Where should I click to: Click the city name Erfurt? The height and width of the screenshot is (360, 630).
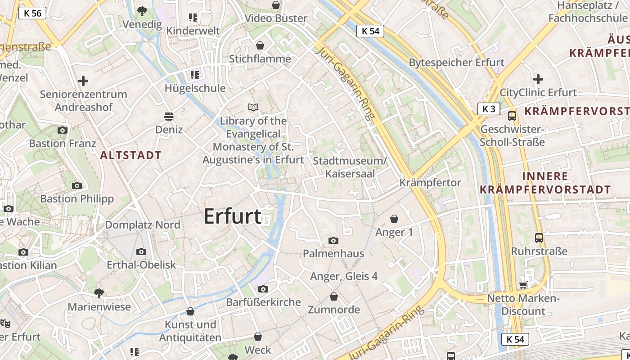[232, 216]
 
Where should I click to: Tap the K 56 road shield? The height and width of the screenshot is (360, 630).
[33, 13]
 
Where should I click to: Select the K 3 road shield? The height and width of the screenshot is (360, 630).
[489, 108]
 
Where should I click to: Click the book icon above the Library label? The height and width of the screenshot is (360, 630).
[253, 107]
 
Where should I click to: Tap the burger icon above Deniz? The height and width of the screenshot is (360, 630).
[169, 117]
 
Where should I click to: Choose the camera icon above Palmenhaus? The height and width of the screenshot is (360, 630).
[333, 240]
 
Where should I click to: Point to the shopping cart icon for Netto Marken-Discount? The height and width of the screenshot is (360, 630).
[523, 285]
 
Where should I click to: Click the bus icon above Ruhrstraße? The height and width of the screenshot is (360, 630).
[539, 238]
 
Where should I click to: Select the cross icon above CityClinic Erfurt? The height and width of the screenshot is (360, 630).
[538, 80]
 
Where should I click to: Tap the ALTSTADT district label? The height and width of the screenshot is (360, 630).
[130, 156]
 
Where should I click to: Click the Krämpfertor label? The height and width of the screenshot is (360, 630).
[430, 183]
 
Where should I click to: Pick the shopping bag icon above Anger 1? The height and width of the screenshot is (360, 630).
[394, 219]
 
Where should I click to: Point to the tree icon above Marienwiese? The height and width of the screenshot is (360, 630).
[99, 293]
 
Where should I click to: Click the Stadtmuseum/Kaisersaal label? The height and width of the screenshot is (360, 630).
[350, 167]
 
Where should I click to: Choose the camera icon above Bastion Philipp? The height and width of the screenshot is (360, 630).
[77, 185]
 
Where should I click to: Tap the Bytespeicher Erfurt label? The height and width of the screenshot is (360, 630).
[456, 63]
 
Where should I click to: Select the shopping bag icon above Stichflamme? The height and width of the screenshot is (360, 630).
[260, 45]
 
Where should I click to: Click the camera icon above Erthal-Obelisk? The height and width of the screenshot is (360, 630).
[141, 252]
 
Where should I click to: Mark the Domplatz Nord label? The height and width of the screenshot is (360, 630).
[143, 225]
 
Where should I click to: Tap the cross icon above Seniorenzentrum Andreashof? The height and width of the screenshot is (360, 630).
[83, 81]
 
